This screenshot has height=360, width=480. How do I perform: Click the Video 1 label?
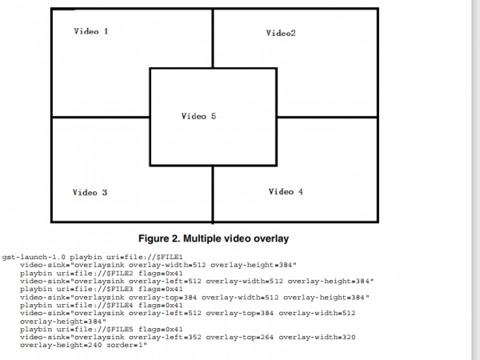[90, 31]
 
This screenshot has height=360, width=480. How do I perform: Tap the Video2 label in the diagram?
[281, 33]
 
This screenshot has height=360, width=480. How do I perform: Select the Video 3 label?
[90, 192]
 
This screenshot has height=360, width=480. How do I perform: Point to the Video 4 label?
[286, 191]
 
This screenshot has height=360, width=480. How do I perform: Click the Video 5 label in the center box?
[198, 117]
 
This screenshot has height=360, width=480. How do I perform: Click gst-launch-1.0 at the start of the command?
[30, 256]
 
